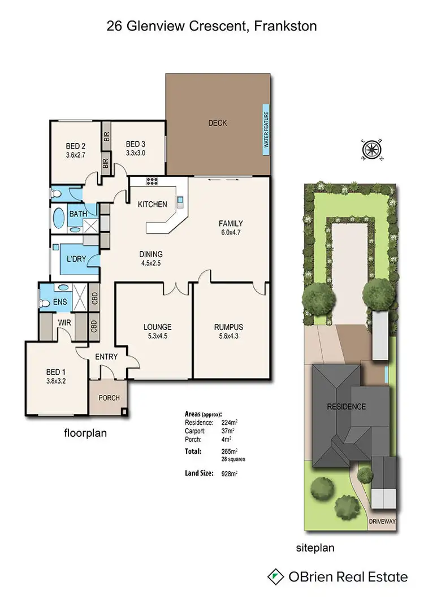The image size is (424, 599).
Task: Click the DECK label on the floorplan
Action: point(217,123)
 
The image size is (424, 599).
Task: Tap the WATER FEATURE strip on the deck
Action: point(266,129)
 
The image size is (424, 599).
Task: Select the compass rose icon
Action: point(371,149)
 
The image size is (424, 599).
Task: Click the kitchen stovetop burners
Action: point(152,182)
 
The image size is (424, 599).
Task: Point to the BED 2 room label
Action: point(75,144)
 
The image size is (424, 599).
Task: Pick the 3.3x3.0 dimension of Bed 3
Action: point(136,153)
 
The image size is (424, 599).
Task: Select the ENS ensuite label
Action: point(60,302)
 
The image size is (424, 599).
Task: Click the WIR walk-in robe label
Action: point(64,324)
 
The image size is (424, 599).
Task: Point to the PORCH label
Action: point(109,398)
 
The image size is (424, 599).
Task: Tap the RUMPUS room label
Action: point(228,327)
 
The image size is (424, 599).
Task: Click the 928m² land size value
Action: point(229,474)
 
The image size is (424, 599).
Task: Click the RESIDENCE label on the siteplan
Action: point(345,406)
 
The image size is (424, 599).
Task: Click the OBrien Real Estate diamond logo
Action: point(275,576)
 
